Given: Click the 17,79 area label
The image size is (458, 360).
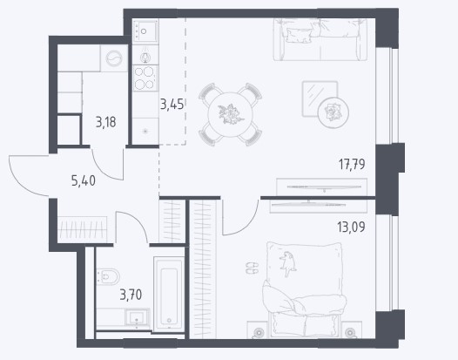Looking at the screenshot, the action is (x=352, y=164).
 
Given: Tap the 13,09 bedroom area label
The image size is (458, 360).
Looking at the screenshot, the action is (x=351, y=227).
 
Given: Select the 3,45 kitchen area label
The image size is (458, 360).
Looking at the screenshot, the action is (x=172, y=104).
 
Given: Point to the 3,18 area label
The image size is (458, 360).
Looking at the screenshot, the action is (x=105, y=122).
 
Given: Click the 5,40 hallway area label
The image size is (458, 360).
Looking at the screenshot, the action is (x=84, y=181).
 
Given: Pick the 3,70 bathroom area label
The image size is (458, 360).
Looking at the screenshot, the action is (x=131, y=295).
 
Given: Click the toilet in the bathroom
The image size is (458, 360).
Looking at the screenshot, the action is (x=108, y=276).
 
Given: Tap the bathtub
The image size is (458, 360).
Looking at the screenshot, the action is (x=169, y=294).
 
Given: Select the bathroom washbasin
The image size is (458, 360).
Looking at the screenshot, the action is (x=137, y=317).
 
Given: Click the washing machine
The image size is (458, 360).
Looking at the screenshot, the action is (x=114, y=58).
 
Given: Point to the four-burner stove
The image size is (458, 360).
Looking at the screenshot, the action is (x=145, y=78).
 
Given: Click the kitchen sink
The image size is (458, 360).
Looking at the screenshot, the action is (x=145, y=31).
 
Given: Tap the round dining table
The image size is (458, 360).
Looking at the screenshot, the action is (x=231, y=114).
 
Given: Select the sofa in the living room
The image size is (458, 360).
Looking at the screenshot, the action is (x=320, y=39).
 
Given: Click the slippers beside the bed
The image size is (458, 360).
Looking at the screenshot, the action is (x=253, y=268).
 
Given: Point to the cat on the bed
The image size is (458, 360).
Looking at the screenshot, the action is (x=287, y=263).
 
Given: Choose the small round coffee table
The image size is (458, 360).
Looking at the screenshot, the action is (x=333, y=112).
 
